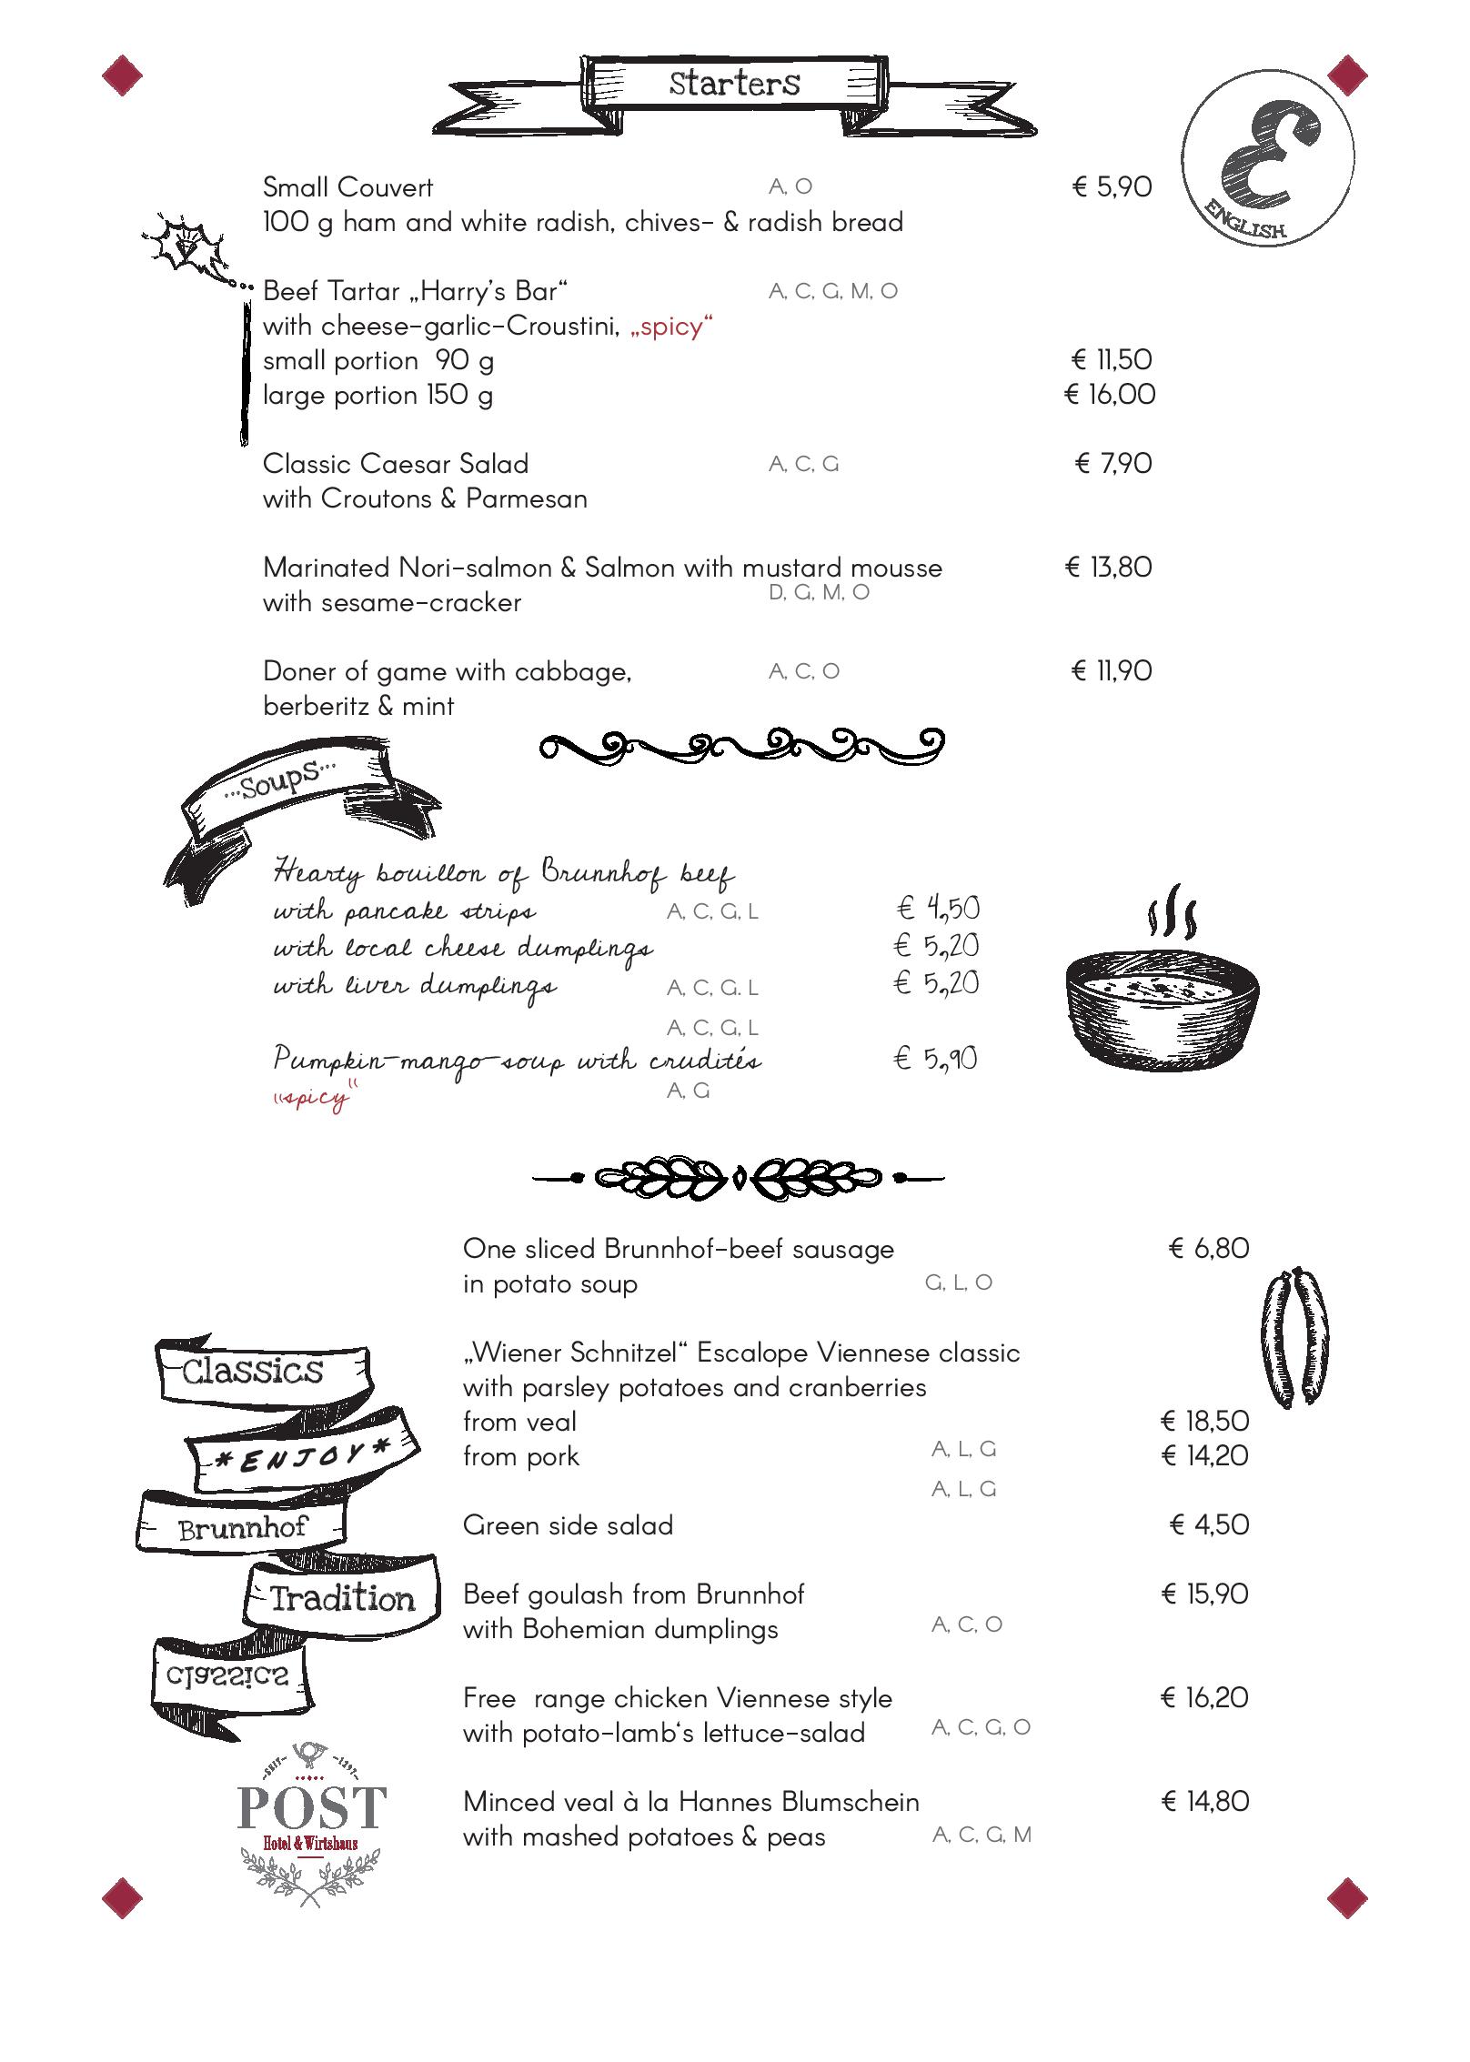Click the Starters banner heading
tap(734, 84)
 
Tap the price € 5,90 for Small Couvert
tap(1112, 187)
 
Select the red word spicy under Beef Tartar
tap(671, 327)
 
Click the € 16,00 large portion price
tap(1110, 395)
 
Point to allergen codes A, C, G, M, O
tap(832, 291)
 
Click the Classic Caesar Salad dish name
tap(395, 464)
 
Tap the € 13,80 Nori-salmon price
tap(1108, 568)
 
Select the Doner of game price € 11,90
tap(1112, 671)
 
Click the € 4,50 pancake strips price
tap(937, 908)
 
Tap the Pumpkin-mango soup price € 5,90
tap(935, 1059)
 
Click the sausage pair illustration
tap(1294, 1336)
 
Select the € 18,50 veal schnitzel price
tap(1204, 1421)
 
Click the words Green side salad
tap(568, 1525)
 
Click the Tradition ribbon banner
tap(341, 1597)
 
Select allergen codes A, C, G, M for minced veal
tap(982, 1836)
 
